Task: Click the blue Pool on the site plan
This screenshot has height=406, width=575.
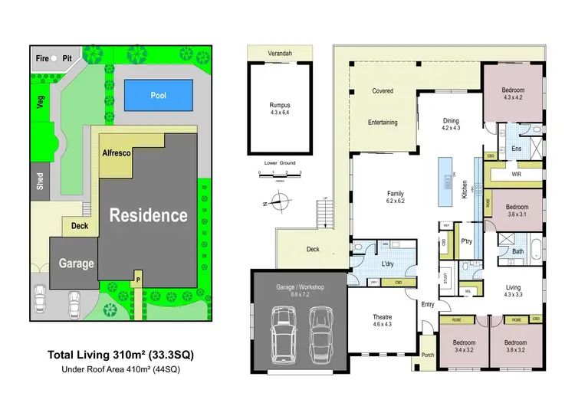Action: (x=158, y=96)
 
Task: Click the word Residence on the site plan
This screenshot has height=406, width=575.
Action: (x=147, y=215)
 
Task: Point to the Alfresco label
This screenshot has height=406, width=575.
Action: (x=117, y=153)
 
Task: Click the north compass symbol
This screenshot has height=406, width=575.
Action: (x=281, y=204)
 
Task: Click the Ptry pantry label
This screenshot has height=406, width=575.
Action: (x=466, y=241)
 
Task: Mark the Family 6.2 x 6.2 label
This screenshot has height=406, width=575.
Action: (x=395, y=198)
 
